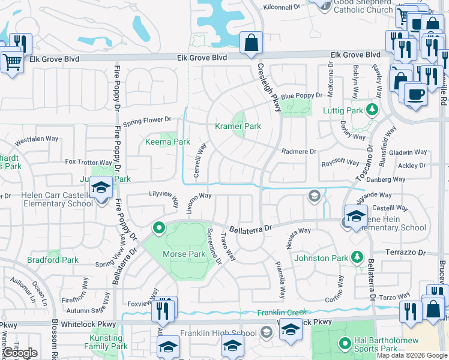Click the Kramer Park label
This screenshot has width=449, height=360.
click(x=238, y=127)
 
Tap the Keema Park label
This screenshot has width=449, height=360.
click(x=167, y=142)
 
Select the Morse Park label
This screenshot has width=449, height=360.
click(x=184, y=254)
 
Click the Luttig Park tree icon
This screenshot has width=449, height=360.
click(x=372, y=110)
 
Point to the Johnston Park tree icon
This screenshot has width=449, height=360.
click(x=357, y=257)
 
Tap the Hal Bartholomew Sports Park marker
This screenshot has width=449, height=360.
click(x=345, y=344)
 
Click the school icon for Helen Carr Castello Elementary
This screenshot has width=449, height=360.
click(x=101, y=188)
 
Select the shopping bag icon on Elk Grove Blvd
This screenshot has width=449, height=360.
click(x=250, y=43)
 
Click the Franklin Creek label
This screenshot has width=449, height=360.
click(x=282, y=312)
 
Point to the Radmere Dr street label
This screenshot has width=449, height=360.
click(x=298, y=152)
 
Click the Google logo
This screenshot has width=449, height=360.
click(x=20, y=353)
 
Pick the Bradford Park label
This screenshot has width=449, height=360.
click(x=53, y=260)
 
